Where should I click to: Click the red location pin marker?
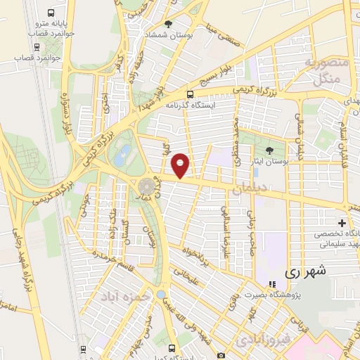click(181, 165)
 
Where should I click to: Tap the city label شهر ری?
click(301, 271)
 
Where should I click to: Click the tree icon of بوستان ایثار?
click(269, 150)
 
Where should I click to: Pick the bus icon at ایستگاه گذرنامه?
click(190, 95)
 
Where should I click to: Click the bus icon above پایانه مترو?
click(50, 13)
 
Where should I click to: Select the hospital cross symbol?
click(341, 223)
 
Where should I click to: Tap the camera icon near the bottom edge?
click(221, 356)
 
